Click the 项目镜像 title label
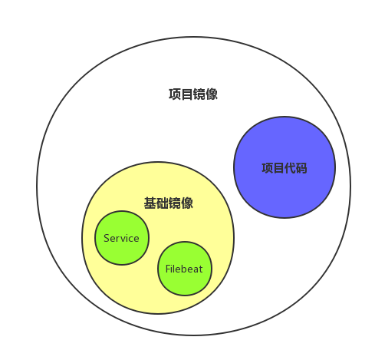click(193, 94)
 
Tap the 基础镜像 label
click(169, 203)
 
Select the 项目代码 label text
click(285, 168)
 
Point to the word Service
click(121, 238)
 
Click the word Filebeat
click(184, 269)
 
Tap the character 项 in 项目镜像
click(175, 94)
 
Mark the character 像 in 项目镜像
click(212, 94)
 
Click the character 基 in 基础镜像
click(150, 203)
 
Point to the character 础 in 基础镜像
click(163, 203)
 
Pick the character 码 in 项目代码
click(301, 168)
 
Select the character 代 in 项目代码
click(291, 168)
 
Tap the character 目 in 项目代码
click(279, 168)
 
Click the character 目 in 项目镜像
click(187, 94)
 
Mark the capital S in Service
click(107, 238)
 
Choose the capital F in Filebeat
click(168, 269)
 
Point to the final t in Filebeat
click(201, 269)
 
